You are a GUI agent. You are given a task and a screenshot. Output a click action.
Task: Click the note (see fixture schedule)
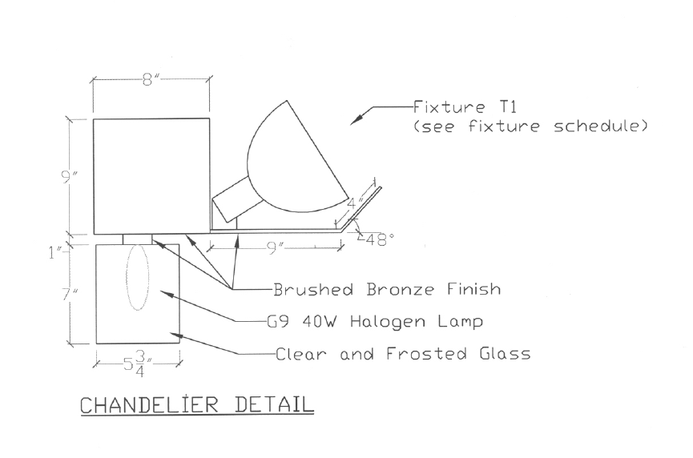[530, 127]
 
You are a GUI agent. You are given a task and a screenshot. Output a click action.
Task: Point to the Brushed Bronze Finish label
[387, 289]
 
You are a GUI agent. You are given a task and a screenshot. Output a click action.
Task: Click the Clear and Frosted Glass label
[402, 353]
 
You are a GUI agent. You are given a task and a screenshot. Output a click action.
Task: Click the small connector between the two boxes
[137, 239]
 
